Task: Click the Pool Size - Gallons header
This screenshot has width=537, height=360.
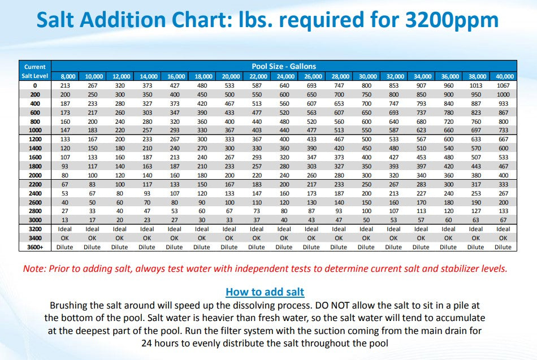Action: pos(283,67)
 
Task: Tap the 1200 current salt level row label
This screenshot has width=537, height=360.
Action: pos(35,139)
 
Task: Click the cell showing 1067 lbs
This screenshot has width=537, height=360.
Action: pos(503,85)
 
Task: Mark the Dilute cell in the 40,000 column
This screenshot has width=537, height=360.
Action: pos(503,247)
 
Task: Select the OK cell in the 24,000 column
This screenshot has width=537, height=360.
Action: pos(284,238)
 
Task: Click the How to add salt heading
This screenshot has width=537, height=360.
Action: pos(265,292)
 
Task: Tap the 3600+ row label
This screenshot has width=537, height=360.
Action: pos(35,247)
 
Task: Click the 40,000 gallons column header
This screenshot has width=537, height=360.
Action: pos(503,76)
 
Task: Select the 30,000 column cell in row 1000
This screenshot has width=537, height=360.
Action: pos(366,130)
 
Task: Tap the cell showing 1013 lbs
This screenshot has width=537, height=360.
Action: pos(475,85)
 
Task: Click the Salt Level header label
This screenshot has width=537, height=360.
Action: pos(35,76)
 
